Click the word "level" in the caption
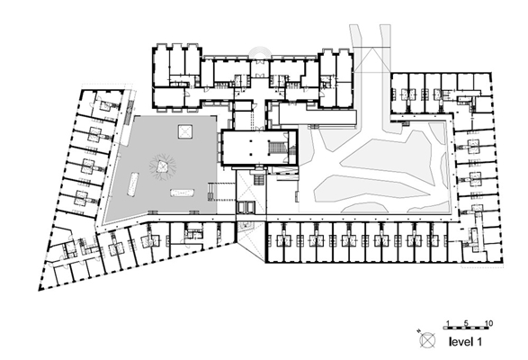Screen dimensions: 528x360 pos(461,342)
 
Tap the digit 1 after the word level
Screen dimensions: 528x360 pos(479,342)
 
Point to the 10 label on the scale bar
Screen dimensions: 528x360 pos(489,324)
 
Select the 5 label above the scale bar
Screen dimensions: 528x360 pos(466,324)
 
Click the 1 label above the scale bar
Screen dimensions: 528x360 pos(448,324)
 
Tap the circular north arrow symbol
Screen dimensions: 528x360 pos(427,340)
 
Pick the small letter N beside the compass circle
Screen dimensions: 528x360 pos(418,330)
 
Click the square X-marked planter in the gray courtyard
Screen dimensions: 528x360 pos(185,131)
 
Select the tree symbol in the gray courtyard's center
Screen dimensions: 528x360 pos(163,166)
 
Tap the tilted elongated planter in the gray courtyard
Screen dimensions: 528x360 pos(132,184)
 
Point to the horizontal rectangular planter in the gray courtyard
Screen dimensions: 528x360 pos(183,193)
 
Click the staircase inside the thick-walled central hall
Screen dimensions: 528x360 pos(276,148)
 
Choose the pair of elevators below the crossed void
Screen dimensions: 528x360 pos(246,207)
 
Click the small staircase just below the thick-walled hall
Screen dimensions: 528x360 pos(259,180)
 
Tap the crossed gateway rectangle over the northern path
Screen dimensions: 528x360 pos(371,60)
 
